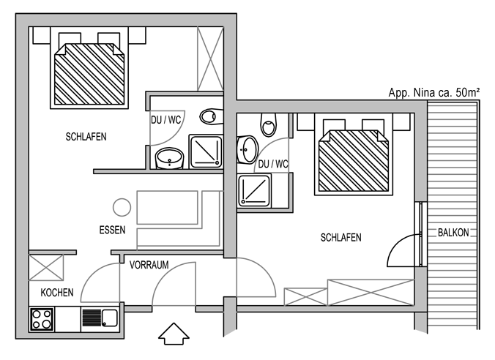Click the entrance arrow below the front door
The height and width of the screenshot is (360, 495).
pos(174,334)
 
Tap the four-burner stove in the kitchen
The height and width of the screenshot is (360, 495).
pos(42,319)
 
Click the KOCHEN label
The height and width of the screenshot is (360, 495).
pos(57,293)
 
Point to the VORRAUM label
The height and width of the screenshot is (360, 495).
pos(149,265)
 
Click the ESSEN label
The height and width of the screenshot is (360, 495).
pos(112,230)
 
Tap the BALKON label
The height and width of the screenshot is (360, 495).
pos(453,233)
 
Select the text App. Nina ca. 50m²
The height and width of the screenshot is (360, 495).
pos(433,92)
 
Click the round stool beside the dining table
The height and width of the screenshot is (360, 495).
pos(122,207)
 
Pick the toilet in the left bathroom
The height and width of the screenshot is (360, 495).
pos(211,116)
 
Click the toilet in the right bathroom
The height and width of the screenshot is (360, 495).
pos(269,125)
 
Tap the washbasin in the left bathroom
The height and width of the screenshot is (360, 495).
pos(169,158)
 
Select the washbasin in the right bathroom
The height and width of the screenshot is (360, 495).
pos(247,149)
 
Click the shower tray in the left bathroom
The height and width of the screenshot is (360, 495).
pos(206,151)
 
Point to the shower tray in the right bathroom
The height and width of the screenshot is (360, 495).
pos(254,191)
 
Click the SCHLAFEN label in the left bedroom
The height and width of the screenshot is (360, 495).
pos(86,137)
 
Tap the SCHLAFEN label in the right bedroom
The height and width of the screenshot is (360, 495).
pos(340,237)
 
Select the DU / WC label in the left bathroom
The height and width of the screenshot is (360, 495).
pos(166,120)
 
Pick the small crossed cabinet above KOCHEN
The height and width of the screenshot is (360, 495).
pos(46,267)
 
